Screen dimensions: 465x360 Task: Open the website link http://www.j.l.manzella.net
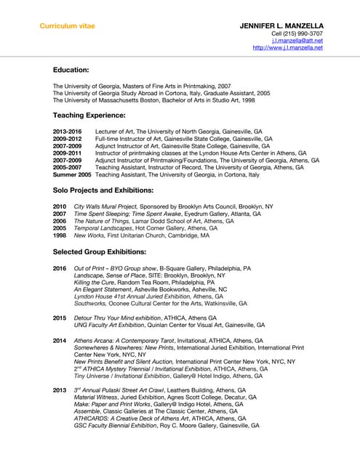[288, 48]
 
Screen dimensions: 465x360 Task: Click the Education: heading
[71, 70]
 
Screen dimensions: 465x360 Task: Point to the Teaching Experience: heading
[89, 116]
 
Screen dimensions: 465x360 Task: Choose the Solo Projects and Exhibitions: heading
[103, 190]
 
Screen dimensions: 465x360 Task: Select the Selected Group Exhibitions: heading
[99, 251]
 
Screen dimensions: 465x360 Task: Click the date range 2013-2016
[68, 130]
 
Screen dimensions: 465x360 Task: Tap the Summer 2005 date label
[72, 175]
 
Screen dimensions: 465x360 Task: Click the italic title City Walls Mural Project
[105, 206]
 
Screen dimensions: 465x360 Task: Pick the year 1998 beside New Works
[60, 235]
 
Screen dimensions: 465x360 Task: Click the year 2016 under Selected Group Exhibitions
[60, 268]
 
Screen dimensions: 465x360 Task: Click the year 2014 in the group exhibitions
[60, 340]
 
